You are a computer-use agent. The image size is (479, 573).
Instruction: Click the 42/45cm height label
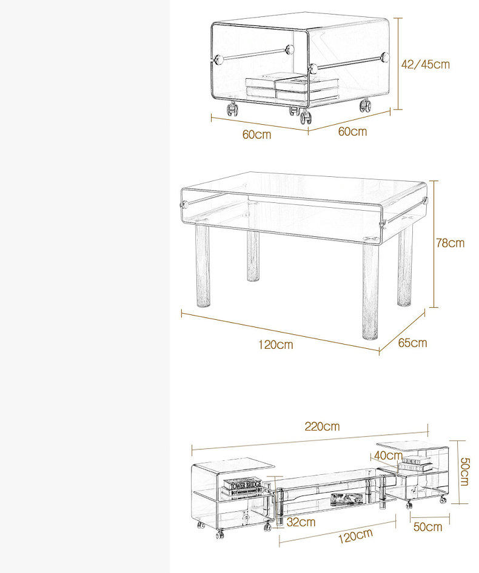(x=425, y=64)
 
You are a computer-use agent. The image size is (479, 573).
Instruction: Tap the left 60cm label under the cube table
(x=257, y=134)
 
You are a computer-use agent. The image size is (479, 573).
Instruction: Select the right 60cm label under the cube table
(x=352, y=131)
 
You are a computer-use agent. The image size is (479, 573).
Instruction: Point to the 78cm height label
(x=450, y=243)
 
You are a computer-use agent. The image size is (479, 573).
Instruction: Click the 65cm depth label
(x=412, y=343)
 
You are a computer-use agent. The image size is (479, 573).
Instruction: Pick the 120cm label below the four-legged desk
(x=275, y=345)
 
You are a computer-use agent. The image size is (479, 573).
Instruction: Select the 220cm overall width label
(x=322, y=426)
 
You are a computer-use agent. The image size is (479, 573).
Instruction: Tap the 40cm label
(x=388, y=455)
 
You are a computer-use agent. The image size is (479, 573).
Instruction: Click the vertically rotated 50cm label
(x=464, y=472)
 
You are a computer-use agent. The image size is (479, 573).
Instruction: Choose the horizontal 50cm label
(x=428, y=526)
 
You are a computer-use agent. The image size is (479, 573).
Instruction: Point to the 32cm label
(x=301, y=522)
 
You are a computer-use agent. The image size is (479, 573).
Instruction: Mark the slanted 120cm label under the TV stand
(x=355, y=536)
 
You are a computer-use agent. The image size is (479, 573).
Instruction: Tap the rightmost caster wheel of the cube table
(x=365, y=105)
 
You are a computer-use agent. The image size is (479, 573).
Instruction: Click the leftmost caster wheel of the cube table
(x=232, y=109)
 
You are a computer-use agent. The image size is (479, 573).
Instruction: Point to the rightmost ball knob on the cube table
(x=384, y=57)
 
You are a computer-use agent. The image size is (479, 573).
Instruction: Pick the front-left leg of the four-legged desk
(x=203, y=266)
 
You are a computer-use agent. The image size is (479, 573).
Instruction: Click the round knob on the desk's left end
(x=184, y=204)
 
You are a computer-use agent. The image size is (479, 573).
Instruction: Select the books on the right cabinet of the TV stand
(x=415, y=463)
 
